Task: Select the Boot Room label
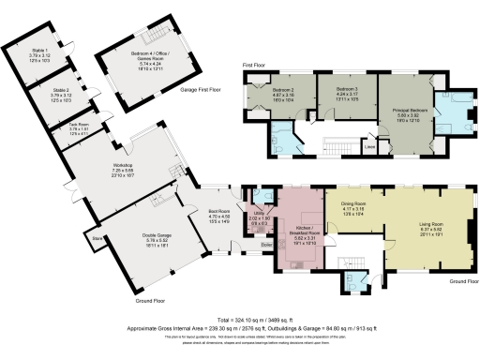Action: pos(219,213)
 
